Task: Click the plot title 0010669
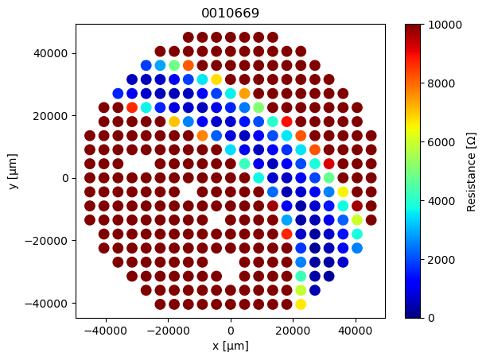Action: click(231, 14)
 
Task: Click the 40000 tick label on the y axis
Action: click(52, 53)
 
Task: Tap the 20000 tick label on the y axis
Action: click(52, 115)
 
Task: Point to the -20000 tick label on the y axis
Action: click(49, 240)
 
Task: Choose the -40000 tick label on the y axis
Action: click(49, 303)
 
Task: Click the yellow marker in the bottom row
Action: click(301, 304)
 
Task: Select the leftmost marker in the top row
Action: click(189, 37)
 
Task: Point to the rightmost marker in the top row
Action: click(273, 37)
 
